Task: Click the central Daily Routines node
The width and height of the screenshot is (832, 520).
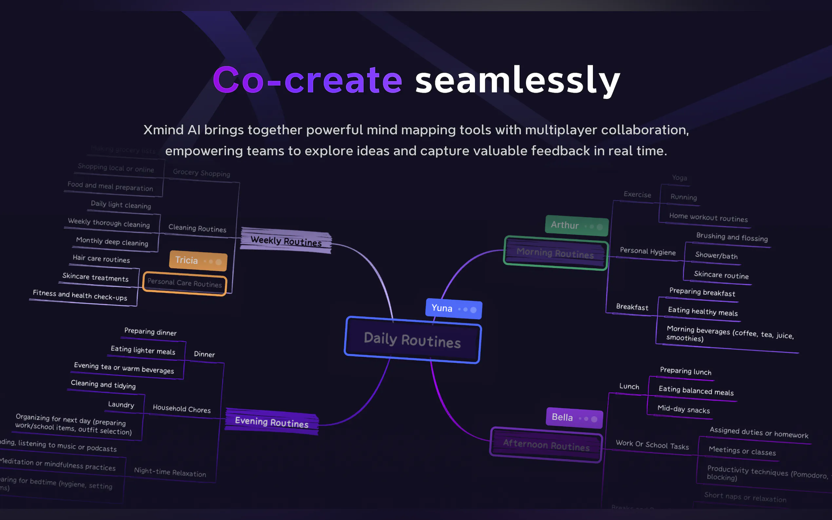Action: pyautogui.click(x=412, y=340)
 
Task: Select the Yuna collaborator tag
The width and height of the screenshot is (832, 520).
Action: pyautogui.click(x=453, y=308)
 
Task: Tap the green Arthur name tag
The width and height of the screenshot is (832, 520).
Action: pyautogui.click(x=577, y=226)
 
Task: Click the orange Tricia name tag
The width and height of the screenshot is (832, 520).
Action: pyautogui.click(x=198, y=260)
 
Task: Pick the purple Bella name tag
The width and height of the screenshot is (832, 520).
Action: pyautogui.click(x=574, y=418)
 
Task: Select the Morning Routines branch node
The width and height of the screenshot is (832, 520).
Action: pyautogui.click(x=555, y=253)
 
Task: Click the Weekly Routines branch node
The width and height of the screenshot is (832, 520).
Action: pyautogui.click(x=286, y=241)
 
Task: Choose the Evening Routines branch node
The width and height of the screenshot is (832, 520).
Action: pyautogui.click(x=272, y=422)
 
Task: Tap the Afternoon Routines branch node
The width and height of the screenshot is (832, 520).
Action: pyautogui.click(x=546, y=445)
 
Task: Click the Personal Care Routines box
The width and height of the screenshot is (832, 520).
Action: pyautogui.click(x=185, y=283)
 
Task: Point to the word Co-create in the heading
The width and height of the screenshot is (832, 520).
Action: pyautogui.click(x=307, y=81)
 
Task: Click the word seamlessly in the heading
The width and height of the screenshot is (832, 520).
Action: pyautogui.click(x=518, y=81)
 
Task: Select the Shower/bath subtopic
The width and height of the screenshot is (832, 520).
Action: pyautogui.click(x=716, y=255)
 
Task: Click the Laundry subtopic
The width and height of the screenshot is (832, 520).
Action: pyautogui.click(x=121, y=404)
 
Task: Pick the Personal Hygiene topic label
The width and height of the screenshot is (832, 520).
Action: pyautogui.click(x=647, y=251)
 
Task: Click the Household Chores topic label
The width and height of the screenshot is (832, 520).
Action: pyautogui.click(x=181, y=409)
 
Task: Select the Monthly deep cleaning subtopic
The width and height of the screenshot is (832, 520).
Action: pyautogui.click(x=112, y=241)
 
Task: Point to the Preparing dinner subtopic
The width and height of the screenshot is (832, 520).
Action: pyautogui.click(x=150, y=332)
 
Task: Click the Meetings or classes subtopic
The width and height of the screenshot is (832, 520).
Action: pyautogui.click(x=742, y=451)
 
